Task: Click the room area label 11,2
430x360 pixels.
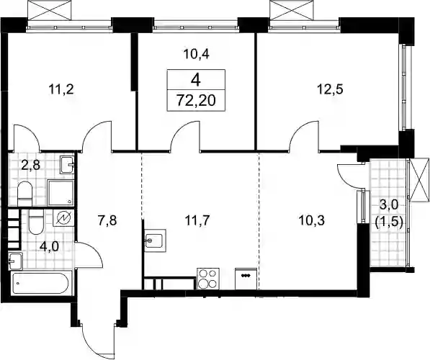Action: (61, 90)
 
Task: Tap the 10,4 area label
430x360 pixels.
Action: (196, 54)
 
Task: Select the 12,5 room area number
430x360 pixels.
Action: (331, 89)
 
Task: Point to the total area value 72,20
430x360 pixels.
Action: (196, 101)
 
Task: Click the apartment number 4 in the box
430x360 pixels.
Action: (196, 80)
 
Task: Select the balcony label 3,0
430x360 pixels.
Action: (388, 204)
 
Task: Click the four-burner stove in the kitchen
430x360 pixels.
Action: (208, 279)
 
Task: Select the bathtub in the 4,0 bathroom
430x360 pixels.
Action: (41, 284)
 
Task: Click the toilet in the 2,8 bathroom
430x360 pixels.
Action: (25, 194)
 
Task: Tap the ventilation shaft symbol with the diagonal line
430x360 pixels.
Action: (63, 219)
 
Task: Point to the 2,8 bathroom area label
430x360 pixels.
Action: (31, 166)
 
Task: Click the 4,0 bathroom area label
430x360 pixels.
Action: (50, 246)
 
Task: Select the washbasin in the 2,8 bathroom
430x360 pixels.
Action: (67, 165)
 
